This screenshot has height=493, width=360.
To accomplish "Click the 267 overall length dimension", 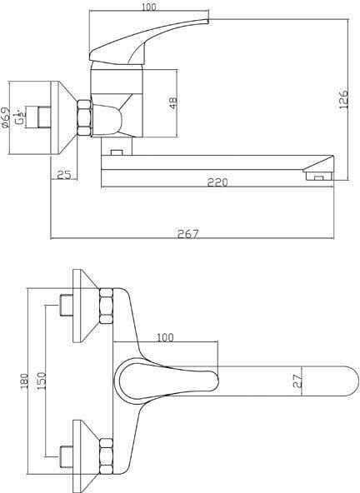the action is point(188,234).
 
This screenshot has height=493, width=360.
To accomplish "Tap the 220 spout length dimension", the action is point(217,182).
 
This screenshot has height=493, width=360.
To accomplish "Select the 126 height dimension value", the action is point(343,99).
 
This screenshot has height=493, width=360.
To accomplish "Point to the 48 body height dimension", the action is point(173,102).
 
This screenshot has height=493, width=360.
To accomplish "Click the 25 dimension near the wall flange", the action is point(64,175).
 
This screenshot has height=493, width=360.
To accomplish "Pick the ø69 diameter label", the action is point(6,117).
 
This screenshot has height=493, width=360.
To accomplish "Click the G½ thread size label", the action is point(22,117).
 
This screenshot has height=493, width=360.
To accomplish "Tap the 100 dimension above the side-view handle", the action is point(149,7).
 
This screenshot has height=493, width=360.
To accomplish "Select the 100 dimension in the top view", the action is point(165,337).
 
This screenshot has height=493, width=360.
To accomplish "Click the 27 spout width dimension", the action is point(299,381).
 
